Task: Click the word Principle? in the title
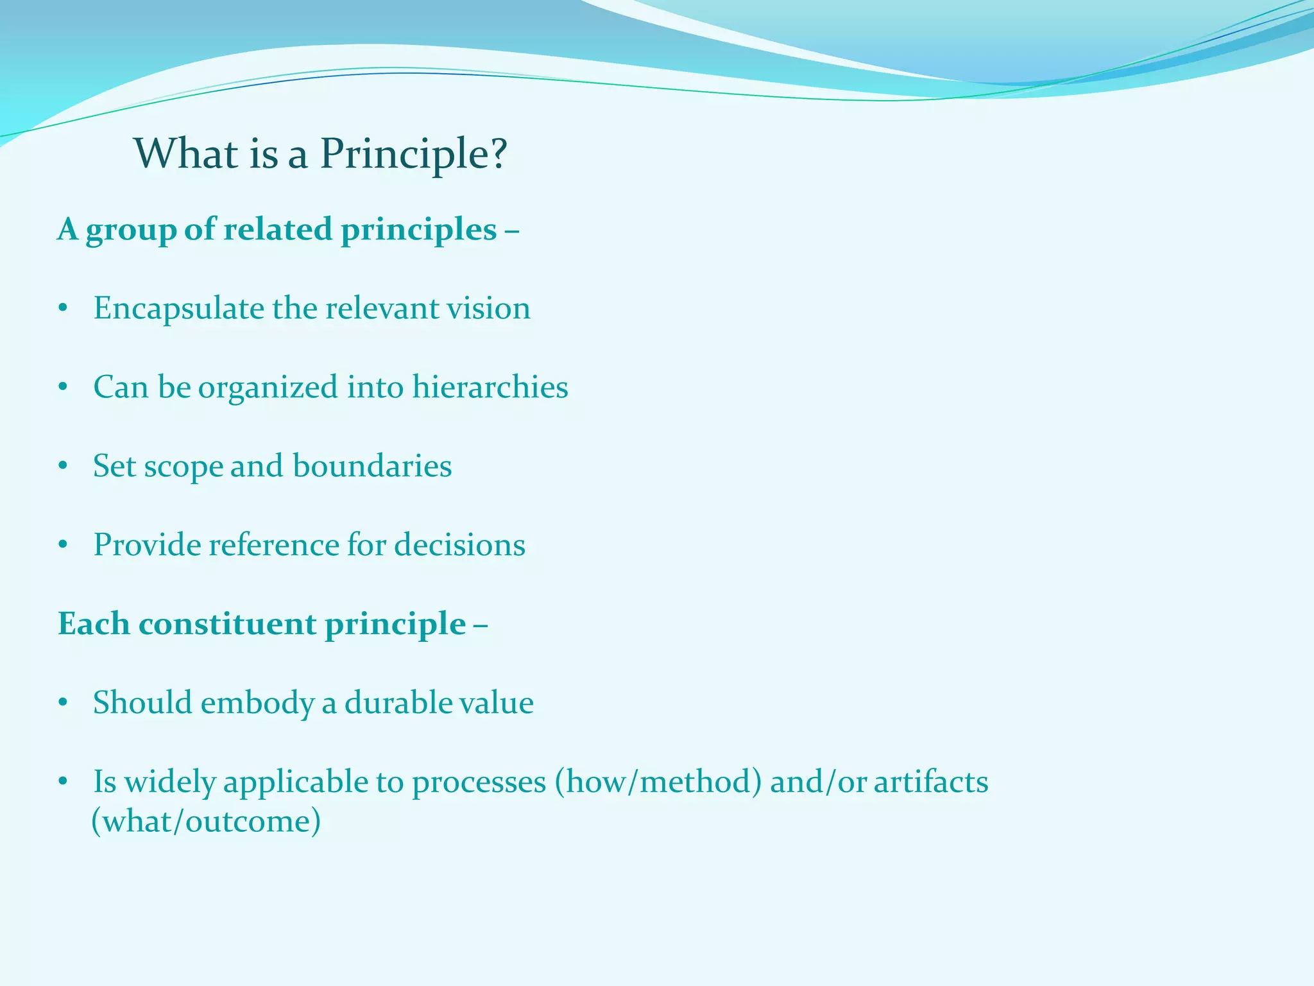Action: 413,154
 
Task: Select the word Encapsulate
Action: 178,309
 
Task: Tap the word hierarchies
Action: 490,387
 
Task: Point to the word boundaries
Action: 372,466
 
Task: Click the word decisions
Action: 459,545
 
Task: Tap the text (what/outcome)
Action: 206,822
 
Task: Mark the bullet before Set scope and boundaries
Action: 62,467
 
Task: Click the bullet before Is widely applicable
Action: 62,783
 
